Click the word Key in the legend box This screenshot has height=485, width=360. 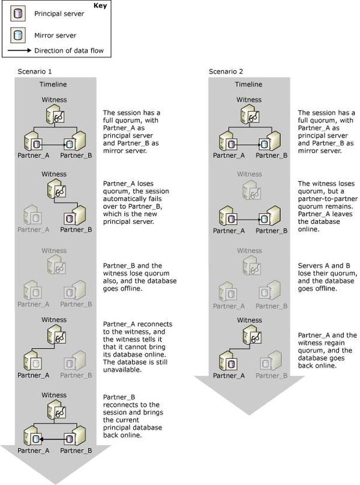[100, 5]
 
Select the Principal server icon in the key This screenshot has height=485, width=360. [18, 14]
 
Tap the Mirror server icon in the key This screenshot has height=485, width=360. [18, 35]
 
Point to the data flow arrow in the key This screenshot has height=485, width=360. [19, 50]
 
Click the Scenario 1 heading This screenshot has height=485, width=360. [35, 72]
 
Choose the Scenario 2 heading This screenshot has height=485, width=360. [226, 72]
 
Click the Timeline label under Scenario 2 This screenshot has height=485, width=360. [248, 85]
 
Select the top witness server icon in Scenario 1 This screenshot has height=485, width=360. [55, 115]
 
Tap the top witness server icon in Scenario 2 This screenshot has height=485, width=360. [250, 115]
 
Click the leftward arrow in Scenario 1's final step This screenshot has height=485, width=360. [52, 439]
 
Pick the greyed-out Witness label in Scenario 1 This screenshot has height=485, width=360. [54, 250]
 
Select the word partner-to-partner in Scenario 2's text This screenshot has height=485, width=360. [328, 199]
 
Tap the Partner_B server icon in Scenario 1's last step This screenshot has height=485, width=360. [75, 436]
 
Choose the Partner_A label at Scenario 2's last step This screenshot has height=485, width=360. [229, 376]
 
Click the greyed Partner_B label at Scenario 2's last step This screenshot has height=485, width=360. [271, 376]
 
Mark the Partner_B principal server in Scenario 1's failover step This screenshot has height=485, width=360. [75, 215]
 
